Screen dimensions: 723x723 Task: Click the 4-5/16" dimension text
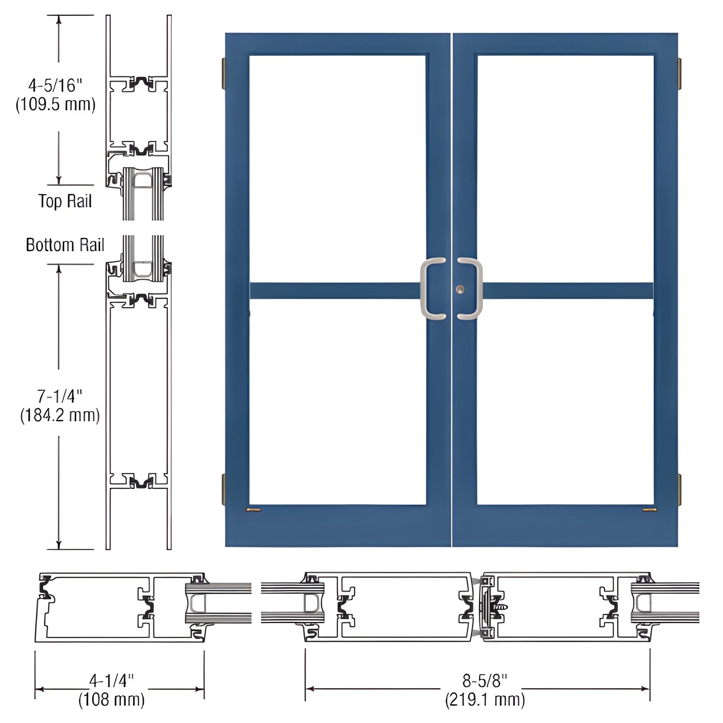click(55, 86)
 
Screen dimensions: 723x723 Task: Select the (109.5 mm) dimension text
click(55, 104)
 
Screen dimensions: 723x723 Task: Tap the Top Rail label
click(65, 201)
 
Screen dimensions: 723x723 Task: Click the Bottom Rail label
click(65, 245)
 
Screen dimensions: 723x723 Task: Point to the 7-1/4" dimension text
click(59, 396)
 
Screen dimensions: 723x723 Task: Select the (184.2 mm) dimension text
click(60, 415)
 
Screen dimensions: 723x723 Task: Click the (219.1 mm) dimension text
click(485, 700)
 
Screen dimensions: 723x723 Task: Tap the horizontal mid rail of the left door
click(333, 291)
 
